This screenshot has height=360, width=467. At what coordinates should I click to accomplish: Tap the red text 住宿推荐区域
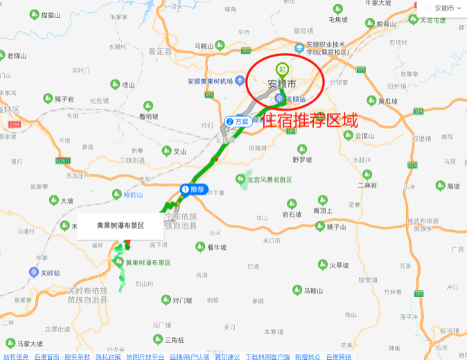pyautogui.click(x=308, y=120)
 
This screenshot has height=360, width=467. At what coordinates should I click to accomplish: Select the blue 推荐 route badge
pyautogui.click(x=194, y=189)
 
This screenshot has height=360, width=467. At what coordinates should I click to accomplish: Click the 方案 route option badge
pyautogui.click(x=238, y=121)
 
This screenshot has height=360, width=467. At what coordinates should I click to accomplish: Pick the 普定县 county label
pyautogui.click(x=160, y=51)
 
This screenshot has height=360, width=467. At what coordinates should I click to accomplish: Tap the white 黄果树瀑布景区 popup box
pyautogui.click(x=120, y=226)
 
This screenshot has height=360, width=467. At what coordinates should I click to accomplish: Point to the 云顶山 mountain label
pyautogui.click(x=364, y=136)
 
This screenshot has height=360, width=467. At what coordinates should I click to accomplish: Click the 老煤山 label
pyautogui.click(x=17, y=55)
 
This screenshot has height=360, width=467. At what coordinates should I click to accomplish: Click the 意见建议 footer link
pyautogui.click(x=227, y=357)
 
